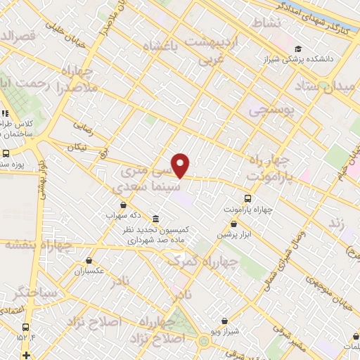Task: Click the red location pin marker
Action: tap(181, 165)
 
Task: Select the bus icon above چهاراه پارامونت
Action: tap(247, 198)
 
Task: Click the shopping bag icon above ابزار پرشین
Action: tap(233, 224)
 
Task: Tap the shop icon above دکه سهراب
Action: tap(111, 206)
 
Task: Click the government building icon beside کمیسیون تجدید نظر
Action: tap(155, 219)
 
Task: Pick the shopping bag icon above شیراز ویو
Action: tap(225, 320)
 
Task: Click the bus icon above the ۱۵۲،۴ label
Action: tap(26, 328)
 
